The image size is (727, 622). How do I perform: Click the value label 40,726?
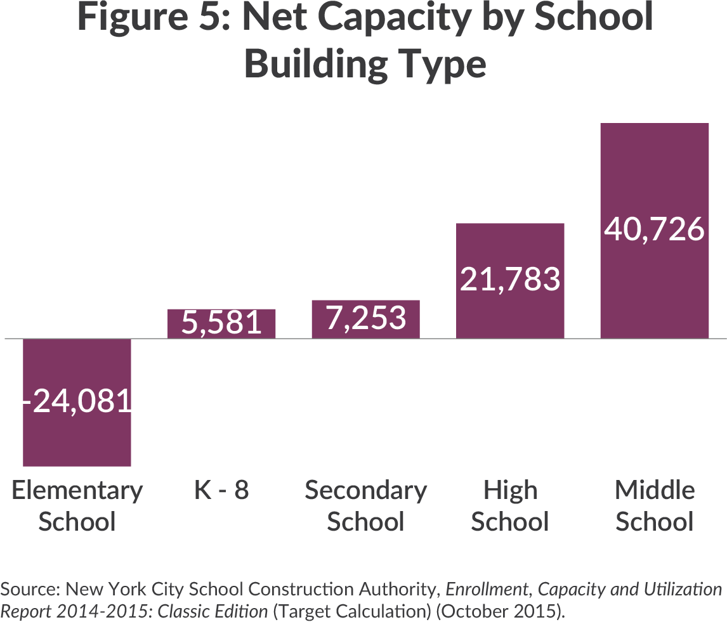[654, 229]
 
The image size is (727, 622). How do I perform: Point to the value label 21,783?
[510, 279]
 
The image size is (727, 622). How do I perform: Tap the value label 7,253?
[365, 318]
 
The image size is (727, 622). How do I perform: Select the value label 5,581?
[221, 323]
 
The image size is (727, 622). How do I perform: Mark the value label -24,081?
[77, 401]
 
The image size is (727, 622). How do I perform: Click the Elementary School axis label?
[77, 506]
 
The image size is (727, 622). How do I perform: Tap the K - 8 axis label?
[221, 490]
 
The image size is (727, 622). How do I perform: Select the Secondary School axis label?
[365, 506]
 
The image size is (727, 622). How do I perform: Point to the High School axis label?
[510, 506]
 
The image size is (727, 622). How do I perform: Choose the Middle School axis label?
[654, 506]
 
